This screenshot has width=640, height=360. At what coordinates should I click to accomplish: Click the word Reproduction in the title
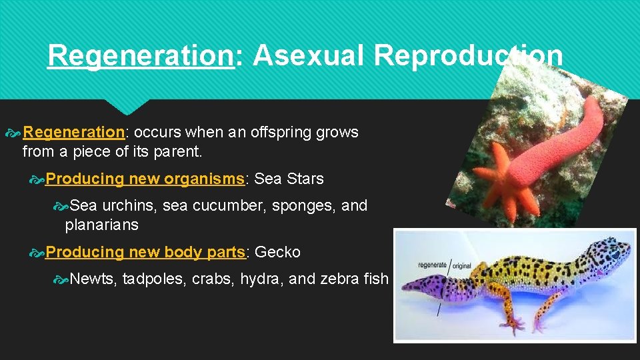(468, 57)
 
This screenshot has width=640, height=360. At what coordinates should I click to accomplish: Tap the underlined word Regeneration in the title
(140, 57)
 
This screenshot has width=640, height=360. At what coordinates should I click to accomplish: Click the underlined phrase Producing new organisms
(146, 179)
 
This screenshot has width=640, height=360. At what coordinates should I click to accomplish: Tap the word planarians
(101, 225)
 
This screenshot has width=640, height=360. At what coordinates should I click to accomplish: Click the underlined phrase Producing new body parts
(146, 252)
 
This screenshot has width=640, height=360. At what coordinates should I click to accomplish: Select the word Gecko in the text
(277, 252)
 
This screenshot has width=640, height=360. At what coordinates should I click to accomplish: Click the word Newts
(93, 279)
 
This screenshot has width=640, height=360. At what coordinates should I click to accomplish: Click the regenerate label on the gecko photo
(432, 265)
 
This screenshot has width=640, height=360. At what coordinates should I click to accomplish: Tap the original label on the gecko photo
(462, 265)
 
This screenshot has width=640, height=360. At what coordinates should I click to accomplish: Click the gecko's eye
(613, 254)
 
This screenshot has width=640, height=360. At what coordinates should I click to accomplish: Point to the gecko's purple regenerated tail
(427, 288)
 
